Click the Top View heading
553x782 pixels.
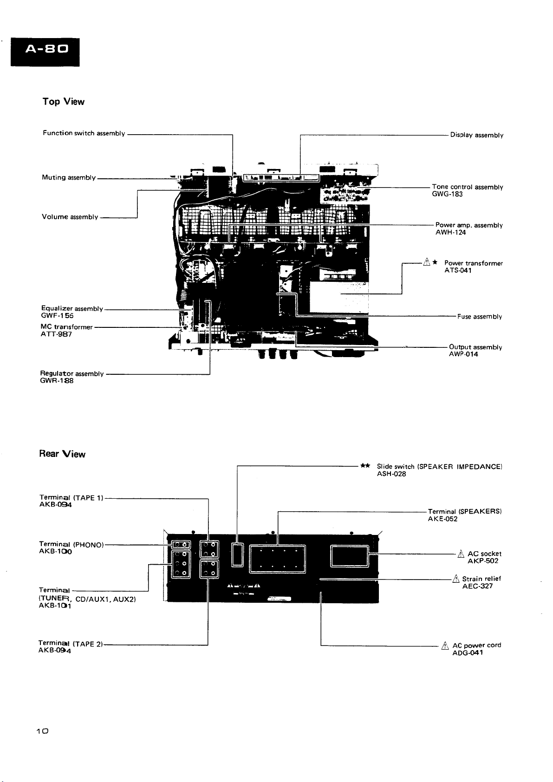click(63, 102)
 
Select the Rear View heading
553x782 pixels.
click(62, 454)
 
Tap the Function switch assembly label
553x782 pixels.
click(84, 133)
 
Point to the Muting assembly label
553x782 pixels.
click(69, 177)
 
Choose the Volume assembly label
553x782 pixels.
click(70, 217)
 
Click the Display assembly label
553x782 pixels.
click(476, 135)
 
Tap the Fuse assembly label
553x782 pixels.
click(479, 317)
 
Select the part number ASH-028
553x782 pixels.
click(391, 474)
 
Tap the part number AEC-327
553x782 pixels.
click(477, 586)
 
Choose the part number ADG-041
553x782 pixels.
click(468, 652)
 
